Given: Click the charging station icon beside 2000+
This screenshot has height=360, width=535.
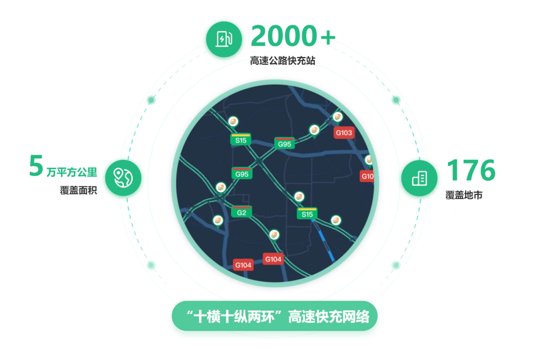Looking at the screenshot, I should (224, 39).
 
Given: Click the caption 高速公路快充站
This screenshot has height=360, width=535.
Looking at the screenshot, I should (283, 61).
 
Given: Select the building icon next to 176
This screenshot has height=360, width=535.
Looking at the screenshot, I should (419, 178).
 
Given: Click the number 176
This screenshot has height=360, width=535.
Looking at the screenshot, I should (471, 170).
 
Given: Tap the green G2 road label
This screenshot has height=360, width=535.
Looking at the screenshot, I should (242, 212).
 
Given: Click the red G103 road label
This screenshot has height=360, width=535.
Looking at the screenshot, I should (344, 133).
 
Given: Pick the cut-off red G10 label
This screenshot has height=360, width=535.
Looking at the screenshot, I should (367, 176).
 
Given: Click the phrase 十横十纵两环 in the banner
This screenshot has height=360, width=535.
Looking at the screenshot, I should (237, 316).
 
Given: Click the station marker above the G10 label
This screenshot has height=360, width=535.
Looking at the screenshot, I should (369, 160).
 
